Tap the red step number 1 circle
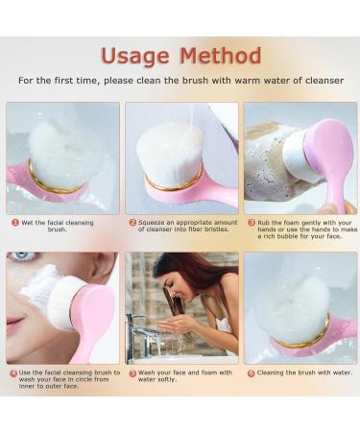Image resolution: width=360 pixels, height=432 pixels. (x=15, y=222)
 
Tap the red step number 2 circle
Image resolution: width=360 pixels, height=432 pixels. (x=132, y=222)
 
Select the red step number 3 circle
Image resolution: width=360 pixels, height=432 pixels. (x=252, y=222)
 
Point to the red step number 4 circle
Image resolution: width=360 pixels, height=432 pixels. (x=13, y=372)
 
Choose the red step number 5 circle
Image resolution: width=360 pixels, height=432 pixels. (x=132, y=372)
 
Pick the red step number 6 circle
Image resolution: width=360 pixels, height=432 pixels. (x=252, y=372)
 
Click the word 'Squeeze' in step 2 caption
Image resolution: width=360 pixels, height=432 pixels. (x=155, y=222)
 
